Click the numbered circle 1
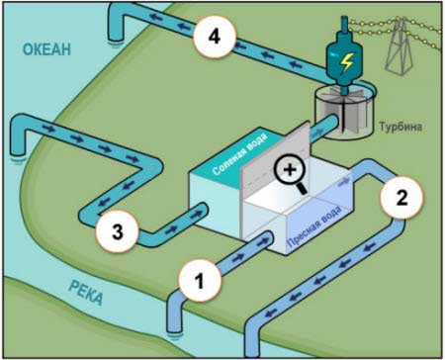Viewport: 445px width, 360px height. [200, 281]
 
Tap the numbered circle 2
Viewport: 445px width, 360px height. [401, 198]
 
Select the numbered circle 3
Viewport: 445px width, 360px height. [117, 231]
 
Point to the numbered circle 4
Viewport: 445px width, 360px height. [215, 37]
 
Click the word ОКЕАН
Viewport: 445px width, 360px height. [46, 49]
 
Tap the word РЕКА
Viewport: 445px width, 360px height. [86, 293]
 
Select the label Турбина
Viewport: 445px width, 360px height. [400, 127]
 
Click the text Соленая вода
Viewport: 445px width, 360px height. [239, 154]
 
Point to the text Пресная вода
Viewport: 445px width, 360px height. [314, 226]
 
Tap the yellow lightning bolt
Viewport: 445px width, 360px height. [346, 62]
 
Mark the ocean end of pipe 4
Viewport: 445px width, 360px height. [115, 37]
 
